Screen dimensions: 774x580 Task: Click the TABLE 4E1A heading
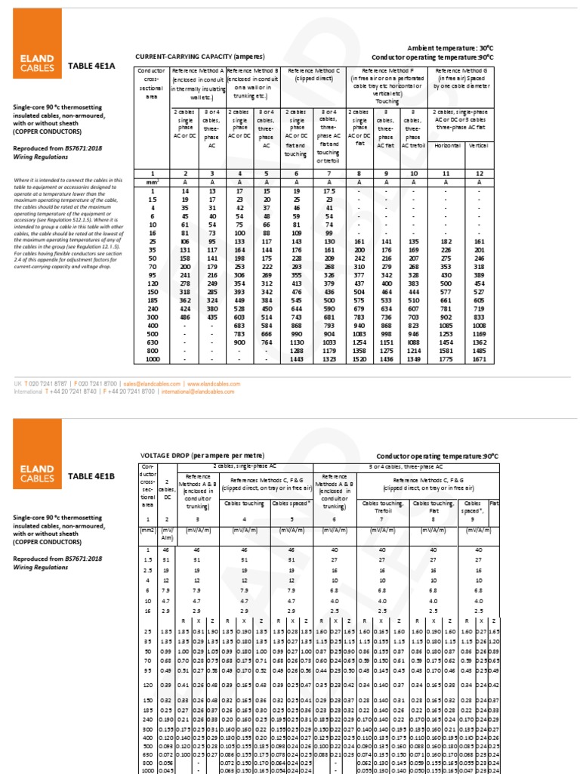click(x=92, y=66)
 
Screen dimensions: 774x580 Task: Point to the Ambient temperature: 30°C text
click(x=450, y=48)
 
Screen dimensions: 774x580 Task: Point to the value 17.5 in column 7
click(x=329, y=191)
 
